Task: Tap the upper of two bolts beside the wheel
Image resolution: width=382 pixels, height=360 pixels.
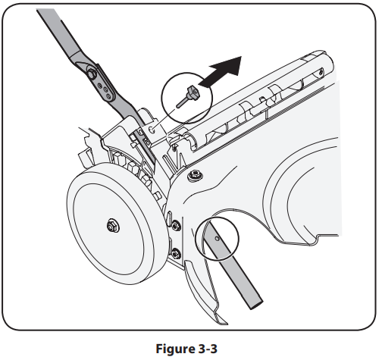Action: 175,224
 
